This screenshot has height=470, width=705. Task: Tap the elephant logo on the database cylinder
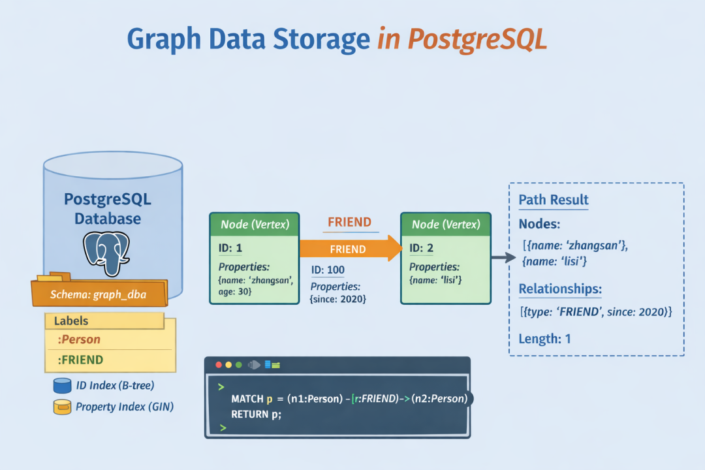(x=106, y=253)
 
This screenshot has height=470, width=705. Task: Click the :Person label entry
(x=79, y=339)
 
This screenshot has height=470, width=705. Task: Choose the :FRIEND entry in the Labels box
(x=80, y=360)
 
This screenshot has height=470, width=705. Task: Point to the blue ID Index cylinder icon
(x=62, y=385)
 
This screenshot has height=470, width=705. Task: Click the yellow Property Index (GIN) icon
(x=62, y=407)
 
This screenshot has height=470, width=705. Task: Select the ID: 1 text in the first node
(x=230, y=248)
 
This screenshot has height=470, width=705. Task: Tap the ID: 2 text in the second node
(x=421, y=248)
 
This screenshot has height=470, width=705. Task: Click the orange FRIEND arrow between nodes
(x=351, y=248)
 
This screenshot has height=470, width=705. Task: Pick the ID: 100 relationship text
(x=328, y=270)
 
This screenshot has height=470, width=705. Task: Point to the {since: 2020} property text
(x=337, y=298)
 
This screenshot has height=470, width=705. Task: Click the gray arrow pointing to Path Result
(x=503, y=257)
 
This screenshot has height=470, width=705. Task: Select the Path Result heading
(x=554, y=200)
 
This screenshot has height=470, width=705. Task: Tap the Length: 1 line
(x=544, y=339)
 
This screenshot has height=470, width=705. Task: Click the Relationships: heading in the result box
(x=560, y=289)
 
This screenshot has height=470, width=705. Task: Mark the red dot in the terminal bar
(x=219, y=365)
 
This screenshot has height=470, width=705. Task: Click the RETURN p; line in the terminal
(x=257, y=415)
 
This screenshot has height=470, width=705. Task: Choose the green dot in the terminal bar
(x=239, y=365)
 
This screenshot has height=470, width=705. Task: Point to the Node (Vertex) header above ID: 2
(x=446, y=225)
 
